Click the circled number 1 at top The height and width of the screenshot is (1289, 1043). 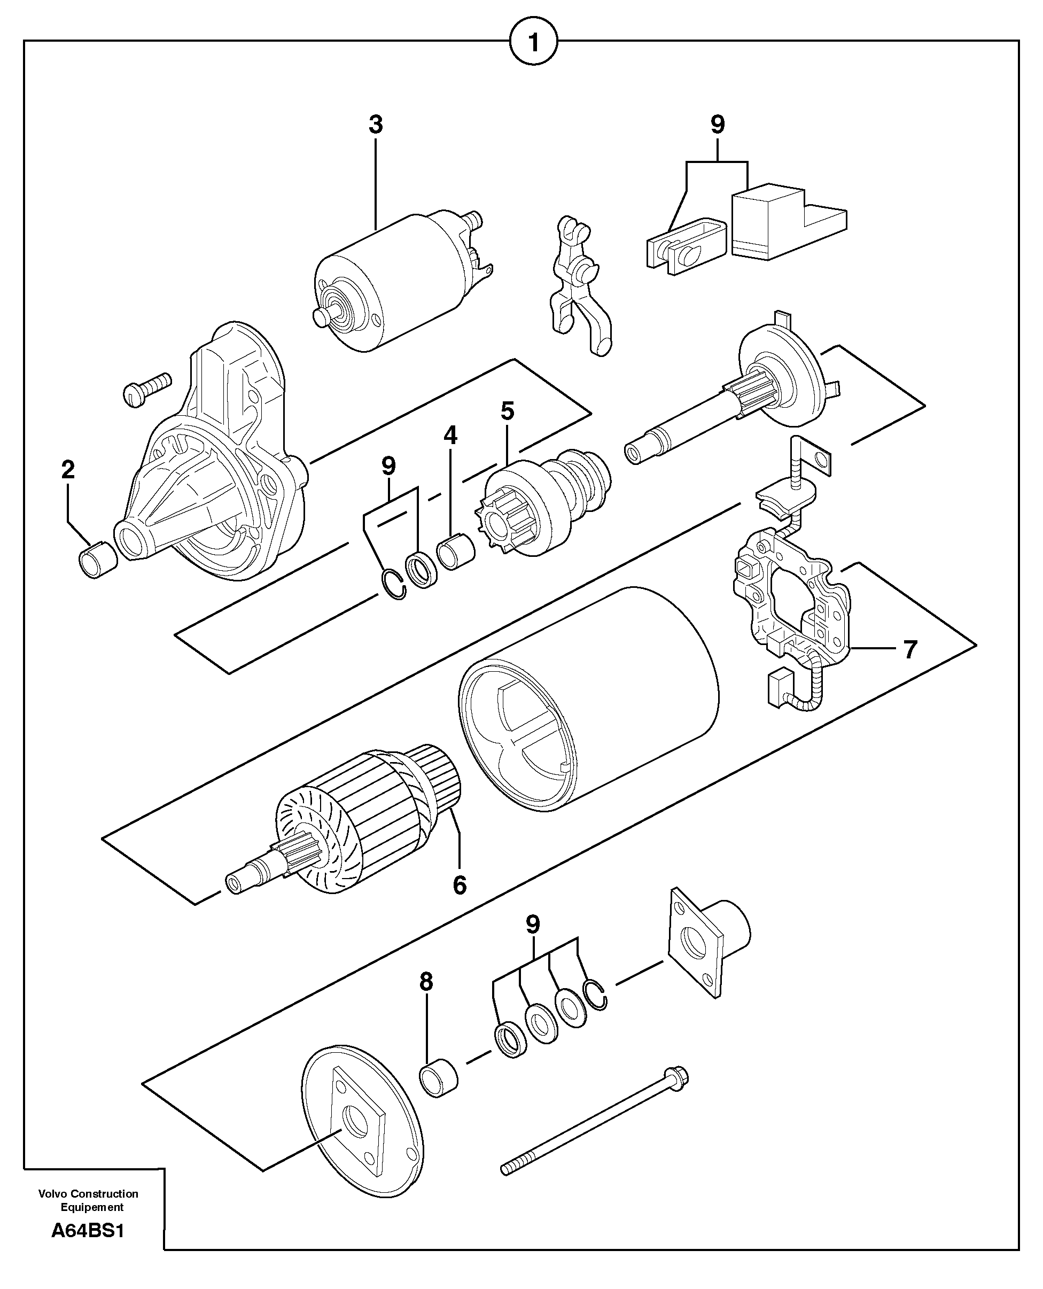tap(533, 43)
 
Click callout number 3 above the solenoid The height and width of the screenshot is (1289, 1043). tap(376, 125)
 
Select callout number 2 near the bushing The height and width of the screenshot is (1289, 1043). tap(68, 469)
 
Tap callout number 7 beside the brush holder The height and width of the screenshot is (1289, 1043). tap(910, 650)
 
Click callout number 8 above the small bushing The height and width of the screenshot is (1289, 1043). tap(426, 982)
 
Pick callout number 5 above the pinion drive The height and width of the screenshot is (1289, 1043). tap(507, 411)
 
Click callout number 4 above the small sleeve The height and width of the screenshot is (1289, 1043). tap(450, 436)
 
